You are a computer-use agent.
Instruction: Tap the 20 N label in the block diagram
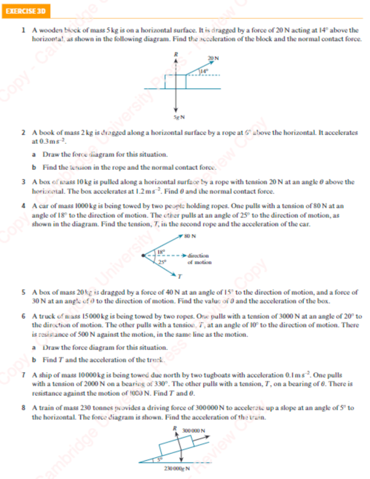tap(214, 58)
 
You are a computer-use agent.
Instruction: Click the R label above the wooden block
tap(176, 54)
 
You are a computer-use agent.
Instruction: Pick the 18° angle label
tap(160, 251)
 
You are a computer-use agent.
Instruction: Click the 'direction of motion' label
tap(199, 259)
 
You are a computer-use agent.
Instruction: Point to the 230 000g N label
tap(176, 468)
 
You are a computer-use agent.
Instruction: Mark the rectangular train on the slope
tap(175, 444)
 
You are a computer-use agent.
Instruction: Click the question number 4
tap(23, 205)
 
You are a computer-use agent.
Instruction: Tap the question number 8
tap(23, 408)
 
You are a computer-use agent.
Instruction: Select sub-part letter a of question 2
tap(34, 154)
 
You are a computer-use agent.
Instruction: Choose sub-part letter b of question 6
tap(34, 360)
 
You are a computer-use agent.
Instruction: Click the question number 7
tap(23, 376)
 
